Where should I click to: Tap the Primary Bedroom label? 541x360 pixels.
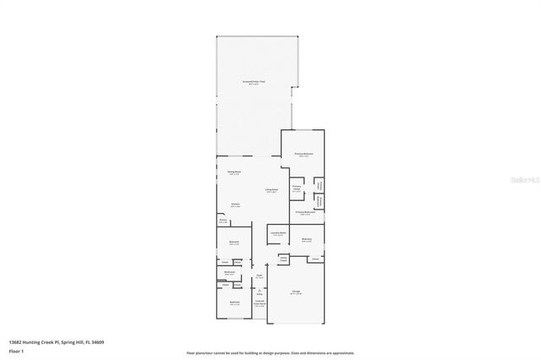point(303,155)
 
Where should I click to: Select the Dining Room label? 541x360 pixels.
point(234,173)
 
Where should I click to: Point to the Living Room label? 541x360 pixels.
point(272,191)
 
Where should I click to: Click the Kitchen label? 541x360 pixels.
point(236,205)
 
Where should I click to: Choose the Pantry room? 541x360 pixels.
point(223,221)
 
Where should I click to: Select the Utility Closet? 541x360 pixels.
point(272,259)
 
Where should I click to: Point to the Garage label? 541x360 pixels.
point(297,292)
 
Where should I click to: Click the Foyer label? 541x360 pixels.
point(260,275)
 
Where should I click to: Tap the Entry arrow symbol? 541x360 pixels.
point(260,292)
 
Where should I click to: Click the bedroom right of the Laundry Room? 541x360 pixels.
point(307,240)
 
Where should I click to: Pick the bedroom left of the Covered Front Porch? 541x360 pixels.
point(234,303)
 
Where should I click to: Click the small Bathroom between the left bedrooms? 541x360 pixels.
point(229,272)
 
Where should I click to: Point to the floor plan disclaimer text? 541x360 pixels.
point(270,352)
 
